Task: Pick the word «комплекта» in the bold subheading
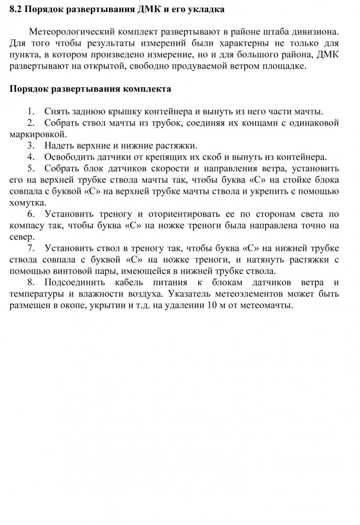coord(147,89)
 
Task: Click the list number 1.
coord(32,111)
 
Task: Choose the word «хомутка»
coord(28,202)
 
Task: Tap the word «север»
coord(23,236)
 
